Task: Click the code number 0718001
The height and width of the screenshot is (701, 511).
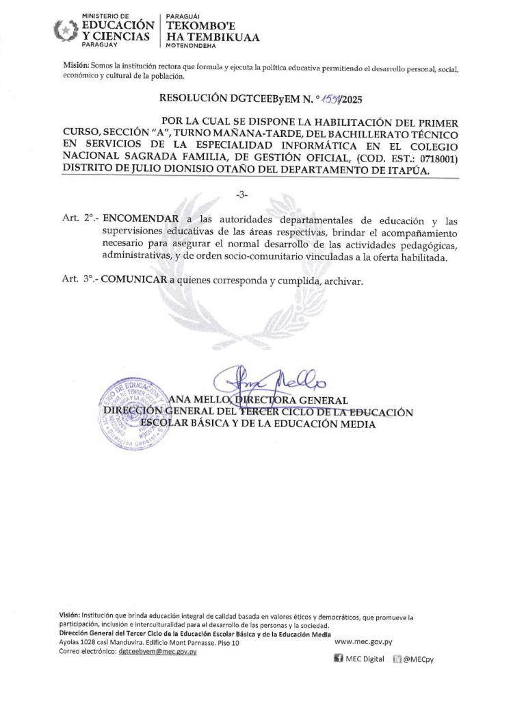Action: (434, 158)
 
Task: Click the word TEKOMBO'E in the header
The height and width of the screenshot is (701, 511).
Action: (196, 26)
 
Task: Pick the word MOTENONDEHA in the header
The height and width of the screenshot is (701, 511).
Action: (191, 46)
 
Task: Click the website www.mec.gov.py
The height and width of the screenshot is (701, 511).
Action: (363, 642)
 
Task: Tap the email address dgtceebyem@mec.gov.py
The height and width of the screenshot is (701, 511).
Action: (157, 652)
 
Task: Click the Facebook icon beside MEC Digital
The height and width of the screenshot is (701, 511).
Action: (338, 659)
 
